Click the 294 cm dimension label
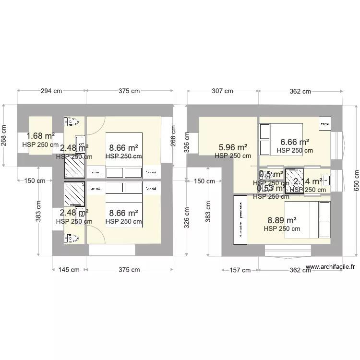[x=51, y=91]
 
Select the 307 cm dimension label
[x=221, y=91]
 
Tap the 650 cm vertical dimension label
[x=356, y=180]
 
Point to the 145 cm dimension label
[x=69, y=270]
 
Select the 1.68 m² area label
[x=40, y=136]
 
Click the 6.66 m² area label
[x=294, y=142]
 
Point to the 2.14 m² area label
[x=307, y=181]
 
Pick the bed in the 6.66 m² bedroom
[x=280, y=139]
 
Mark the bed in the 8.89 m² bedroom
[x=307, y=220]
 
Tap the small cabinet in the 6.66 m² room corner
[x=325, y=123]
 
